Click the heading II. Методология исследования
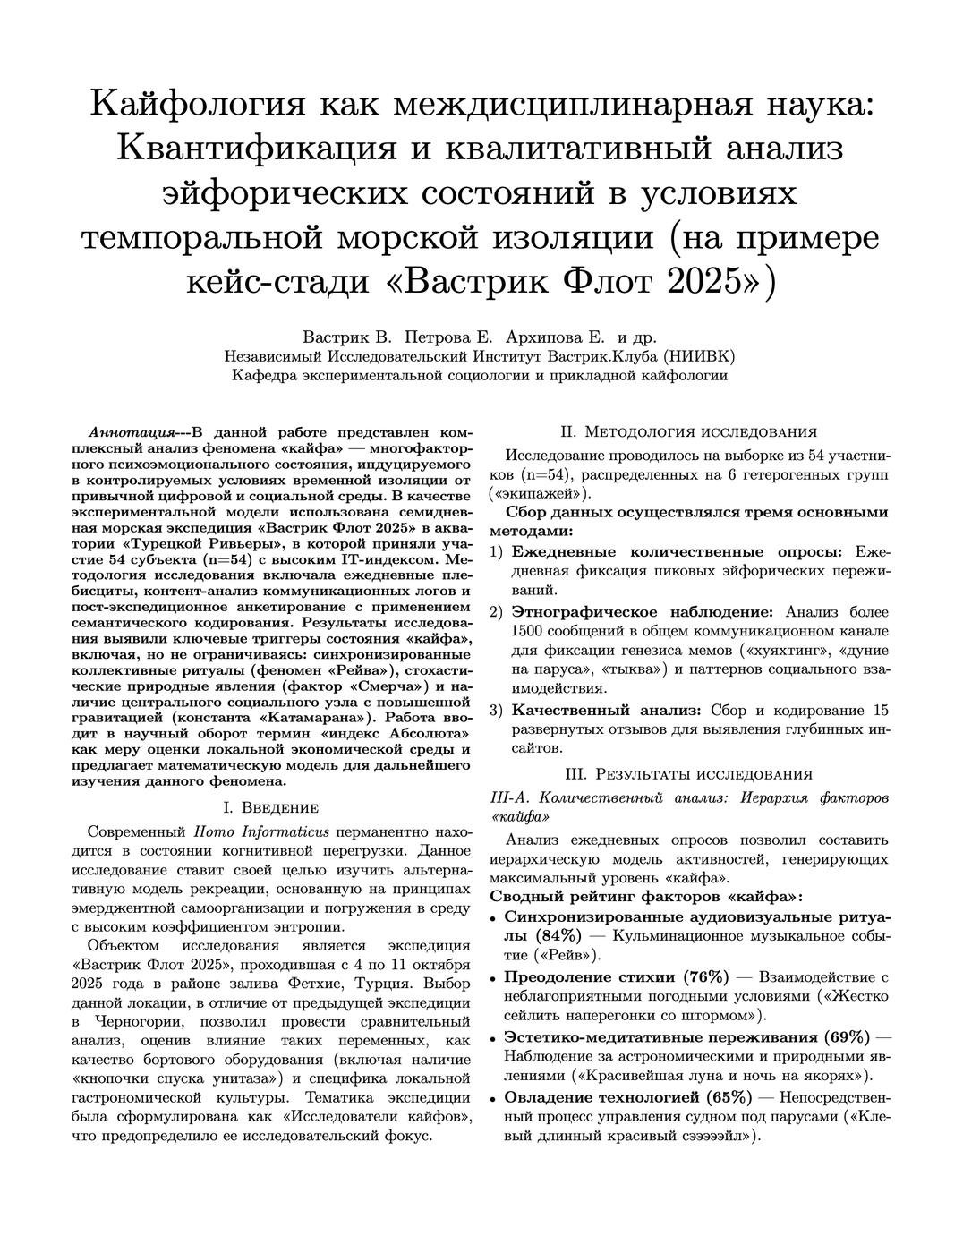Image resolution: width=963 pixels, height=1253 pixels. tap(688, 430)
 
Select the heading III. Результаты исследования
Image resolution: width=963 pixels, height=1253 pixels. tap(688, 774)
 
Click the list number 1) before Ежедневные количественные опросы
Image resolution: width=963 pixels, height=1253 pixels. tap(496, 552)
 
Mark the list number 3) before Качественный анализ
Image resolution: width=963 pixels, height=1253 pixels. tap(496, 711)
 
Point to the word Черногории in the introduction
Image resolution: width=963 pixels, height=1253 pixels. tap(135, 1021)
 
